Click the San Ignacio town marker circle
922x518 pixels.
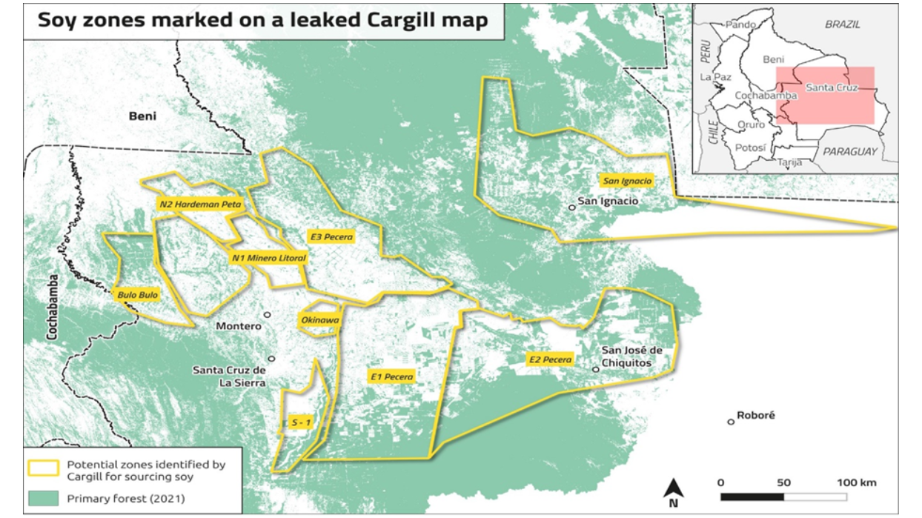pyautogui.click(x=571, y=207)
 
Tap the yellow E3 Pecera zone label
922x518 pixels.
pyautogui.click(x=331, y=237)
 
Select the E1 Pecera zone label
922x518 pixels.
pyautogui.click(x=392, y=376)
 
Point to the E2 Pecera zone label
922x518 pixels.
pyautogui.click(x=550, y=359)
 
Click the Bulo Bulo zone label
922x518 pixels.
pyautogui.click(x=138, y=295)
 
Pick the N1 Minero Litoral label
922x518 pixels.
pyautogui.click(x=268, y=258)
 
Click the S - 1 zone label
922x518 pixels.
pyautogui.click(x=301, y=422)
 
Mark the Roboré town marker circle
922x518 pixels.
pyautogui.click(x=731, y=422)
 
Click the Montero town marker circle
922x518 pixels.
pyautogui.click(x=268, y=315)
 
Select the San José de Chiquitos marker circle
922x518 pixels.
pyautogui.click(x=595, y=369)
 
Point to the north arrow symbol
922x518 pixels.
pyautogui.click(x=674, y=490)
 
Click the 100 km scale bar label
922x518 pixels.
pyautogui.click(x=857, y=482)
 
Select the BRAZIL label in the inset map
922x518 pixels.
pyautogui.click(x=843, y=24)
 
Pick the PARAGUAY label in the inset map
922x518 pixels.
pyautogui.click(x=849, y=151)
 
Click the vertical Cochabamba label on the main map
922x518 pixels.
pyautogui.click(x=53, y=307)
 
